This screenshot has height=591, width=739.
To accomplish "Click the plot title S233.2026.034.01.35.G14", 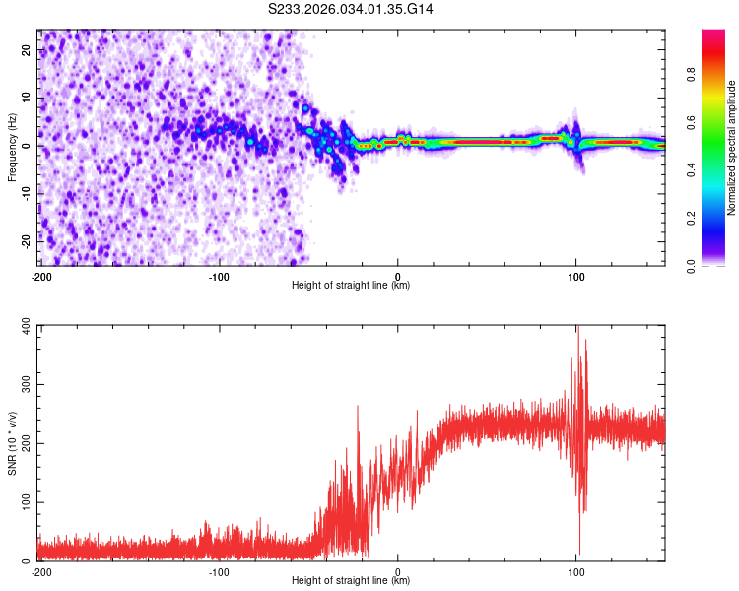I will point(352,9).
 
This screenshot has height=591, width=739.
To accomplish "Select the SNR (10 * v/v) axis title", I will point(12,443).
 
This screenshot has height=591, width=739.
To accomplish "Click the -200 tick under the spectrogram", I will point(41,276).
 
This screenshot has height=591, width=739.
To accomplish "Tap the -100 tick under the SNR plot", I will point(219,571).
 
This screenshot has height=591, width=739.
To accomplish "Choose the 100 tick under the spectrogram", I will point(576,276).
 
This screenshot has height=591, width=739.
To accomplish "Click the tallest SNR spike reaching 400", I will point(577,328).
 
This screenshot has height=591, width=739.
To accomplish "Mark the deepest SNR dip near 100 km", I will point(579,554).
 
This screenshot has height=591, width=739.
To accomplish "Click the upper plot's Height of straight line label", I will point(352,286).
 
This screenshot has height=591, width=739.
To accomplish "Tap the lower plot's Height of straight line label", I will point(352,581).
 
